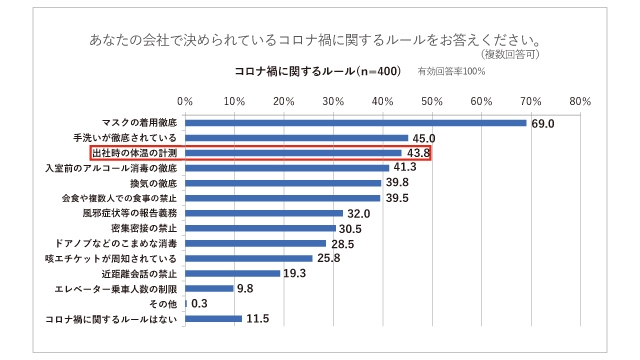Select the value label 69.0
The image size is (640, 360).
[x=543, y=123]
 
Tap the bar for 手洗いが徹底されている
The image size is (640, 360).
[x=296, y=138]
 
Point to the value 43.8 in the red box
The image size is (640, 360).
[x=416, y=153]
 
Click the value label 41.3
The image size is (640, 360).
[x=404, y=168]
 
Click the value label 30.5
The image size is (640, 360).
[x=351, y=228]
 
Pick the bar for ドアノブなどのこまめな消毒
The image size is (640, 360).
[x=255, y=243]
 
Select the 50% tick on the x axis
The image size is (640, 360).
[x=431, y=101]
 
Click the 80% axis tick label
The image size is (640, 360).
[x=579, y=101]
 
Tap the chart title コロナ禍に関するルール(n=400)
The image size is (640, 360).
[x=317, y=72]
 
